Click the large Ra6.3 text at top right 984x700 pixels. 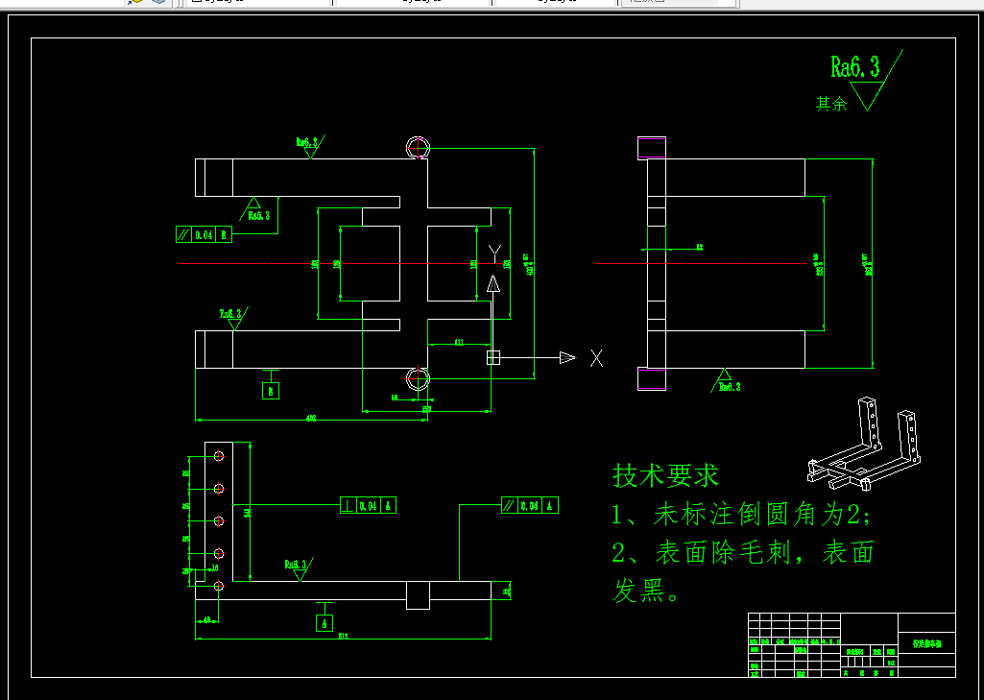click(854, 66)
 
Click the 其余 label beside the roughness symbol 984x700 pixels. click(831, 104)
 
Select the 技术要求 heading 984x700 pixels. click(665, 474)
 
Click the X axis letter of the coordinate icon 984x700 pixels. click(597, 358)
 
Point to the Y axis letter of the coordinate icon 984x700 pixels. click(494, 253)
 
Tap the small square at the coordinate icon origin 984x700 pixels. click(493, 358)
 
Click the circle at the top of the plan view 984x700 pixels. click(418, 148)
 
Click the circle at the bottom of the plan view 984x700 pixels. click(418, 377)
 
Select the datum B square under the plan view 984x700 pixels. click(272, 391)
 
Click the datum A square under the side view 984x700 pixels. click(325, 623)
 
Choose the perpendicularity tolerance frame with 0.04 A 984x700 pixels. click(368, 505)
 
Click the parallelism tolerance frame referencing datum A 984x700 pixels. click(529, 505)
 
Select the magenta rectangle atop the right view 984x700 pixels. click(652, 148)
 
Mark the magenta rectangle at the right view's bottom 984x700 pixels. click(652, 378)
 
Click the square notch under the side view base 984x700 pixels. click(418, 594)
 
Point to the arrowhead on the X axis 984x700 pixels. click(567, 358)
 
